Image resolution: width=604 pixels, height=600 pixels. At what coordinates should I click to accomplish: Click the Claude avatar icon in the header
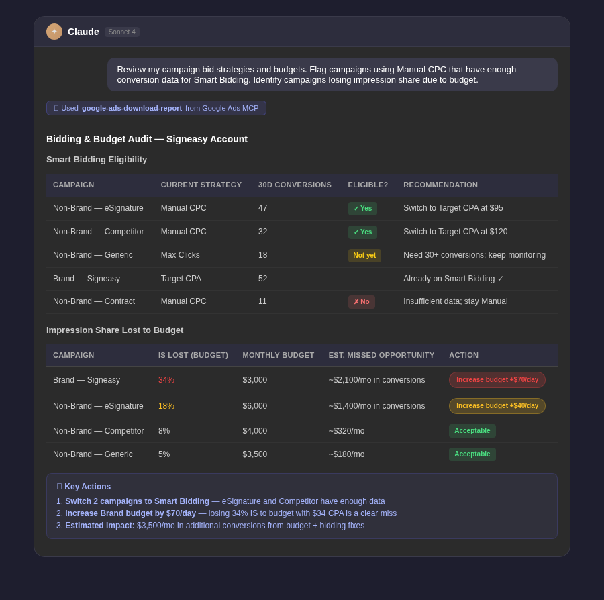(54, 32)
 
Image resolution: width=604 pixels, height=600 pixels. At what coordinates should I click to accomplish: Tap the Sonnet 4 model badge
(122, 32)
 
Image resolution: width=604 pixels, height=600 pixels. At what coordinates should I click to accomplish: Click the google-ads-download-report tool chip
(156, 108)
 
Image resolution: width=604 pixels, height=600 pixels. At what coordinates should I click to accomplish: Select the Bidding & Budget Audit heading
(147, 139)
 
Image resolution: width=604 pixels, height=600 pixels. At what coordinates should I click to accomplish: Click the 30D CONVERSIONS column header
(295, 185)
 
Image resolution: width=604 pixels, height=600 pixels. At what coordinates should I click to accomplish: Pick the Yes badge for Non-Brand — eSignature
(362, 209)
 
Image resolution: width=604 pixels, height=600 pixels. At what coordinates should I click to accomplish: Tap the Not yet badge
(364, 256)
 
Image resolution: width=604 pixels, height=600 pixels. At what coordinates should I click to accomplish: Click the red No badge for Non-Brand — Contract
(361, 302)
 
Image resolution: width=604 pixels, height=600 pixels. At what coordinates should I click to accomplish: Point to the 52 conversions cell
(262, 279)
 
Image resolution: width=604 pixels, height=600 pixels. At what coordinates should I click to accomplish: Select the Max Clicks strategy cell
(180, 255)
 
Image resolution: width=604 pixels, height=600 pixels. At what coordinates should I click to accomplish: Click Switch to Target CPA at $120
(455, 232)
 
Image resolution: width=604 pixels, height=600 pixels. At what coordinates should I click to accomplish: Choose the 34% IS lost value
(166, 380)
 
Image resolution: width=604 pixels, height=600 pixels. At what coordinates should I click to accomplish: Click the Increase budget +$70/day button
(497, 380)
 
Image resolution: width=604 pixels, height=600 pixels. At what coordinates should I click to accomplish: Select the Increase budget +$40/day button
(497, 406)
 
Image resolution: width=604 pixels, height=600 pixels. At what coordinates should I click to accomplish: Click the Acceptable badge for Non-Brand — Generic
(472, 454)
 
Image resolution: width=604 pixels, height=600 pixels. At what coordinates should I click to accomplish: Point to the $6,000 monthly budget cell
(255, 406)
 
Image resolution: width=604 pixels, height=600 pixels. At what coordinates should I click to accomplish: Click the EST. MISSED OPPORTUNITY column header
(381, 355)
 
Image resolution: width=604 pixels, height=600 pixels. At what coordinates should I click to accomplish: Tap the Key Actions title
(87, 487)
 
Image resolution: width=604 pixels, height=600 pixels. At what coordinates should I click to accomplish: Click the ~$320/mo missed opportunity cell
(346, 431)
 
